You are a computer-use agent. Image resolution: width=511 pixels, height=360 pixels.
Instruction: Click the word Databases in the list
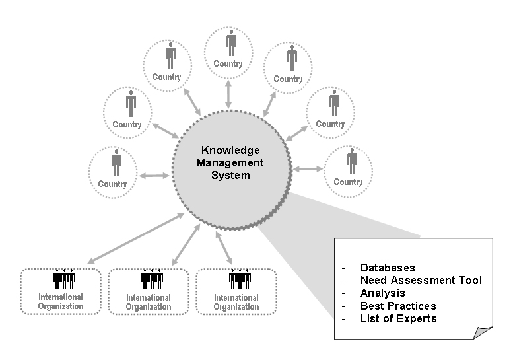click(388, 268)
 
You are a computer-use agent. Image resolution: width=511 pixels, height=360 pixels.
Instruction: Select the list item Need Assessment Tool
click(421, 280)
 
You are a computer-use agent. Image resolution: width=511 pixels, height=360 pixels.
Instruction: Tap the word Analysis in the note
click(383, 293)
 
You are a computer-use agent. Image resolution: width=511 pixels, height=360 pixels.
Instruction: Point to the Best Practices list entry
click(398, 306)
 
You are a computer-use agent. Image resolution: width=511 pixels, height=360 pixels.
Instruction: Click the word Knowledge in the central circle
click(230, 151)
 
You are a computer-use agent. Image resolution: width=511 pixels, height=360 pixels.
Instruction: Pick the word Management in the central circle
click(230, 163)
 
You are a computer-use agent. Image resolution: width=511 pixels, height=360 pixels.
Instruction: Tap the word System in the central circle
click(230, 176)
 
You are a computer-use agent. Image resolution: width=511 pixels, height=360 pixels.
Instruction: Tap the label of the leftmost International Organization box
click(61, 301)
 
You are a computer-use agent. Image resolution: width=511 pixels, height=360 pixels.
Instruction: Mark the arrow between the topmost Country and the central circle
click(229, 94)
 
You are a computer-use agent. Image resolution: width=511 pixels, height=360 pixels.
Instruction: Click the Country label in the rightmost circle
click(348, 182)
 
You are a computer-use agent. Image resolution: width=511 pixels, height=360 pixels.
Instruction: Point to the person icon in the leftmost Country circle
click(116, 162)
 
